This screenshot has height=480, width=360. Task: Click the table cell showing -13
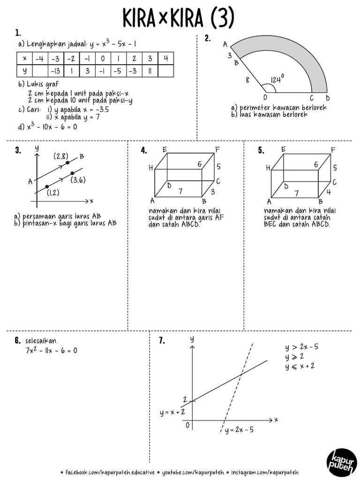(x=55, y=71)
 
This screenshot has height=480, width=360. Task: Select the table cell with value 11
(x=150, y=71)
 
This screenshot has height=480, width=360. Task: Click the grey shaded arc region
(x=300, y=56)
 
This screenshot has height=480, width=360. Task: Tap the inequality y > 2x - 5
(x=302, y=348)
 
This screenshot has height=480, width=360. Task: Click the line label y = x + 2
(x=172, y=412)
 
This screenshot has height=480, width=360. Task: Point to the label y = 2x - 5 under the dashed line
(x=239, y=429)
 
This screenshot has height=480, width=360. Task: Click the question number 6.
(x=17, y=341)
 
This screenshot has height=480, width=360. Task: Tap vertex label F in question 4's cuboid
(x=217, y=150)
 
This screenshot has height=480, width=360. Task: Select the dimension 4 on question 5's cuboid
(x=329, y=191)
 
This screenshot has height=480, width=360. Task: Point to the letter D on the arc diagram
(x=328, y=98)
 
